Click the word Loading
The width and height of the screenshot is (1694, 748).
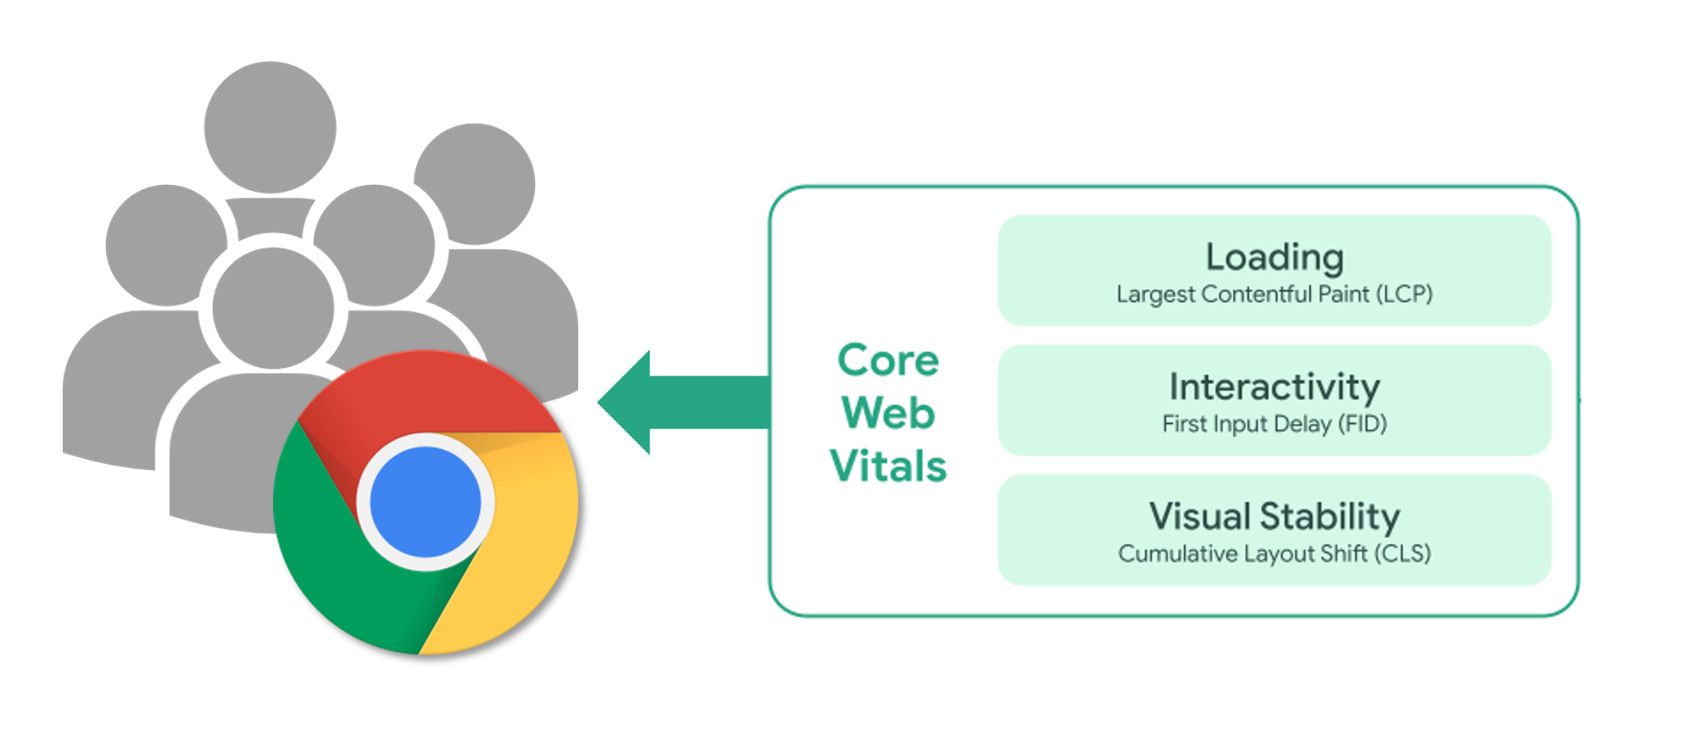coord(1273,257)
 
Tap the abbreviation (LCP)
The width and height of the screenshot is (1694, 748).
coord(1403,294)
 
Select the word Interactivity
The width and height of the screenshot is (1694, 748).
coord(1273,387)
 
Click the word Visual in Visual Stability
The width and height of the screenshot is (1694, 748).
coord(1199,516)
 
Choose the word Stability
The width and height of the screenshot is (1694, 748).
coord(1329,516)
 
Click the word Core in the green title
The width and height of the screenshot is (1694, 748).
coord(888,360)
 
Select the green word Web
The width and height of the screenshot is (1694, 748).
coord(888,413)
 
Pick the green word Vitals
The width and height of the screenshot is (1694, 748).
coord(888,466)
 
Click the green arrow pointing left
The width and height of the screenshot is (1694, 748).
coord(670,402)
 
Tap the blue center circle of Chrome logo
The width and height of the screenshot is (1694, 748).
coord(426,502)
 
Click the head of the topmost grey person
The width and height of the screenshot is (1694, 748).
coord(270,127)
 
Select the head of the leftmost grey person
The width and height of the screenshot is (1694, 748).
coord(166,245)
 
